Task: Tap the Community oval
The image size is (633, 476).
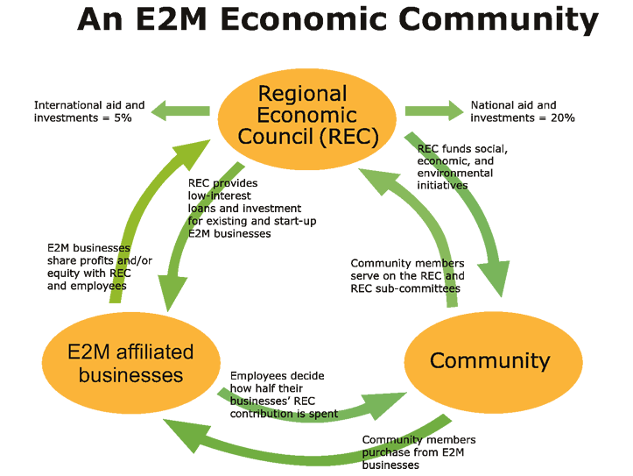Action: pos(492,360)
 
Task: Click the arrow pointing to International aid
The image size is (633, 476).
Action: pos(179,111)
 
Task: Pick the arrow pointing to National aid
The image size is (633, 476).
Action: pos(433,111)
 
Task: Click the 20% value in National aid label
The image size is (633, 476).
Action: pos(562,117)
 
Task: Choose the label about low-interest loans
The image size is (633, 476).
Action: pos(252,209)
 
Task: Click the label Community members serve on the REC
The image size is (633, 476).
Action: pos(407,276)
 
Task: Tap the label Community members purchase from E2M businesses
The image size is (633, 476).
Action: pos(418,452)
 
